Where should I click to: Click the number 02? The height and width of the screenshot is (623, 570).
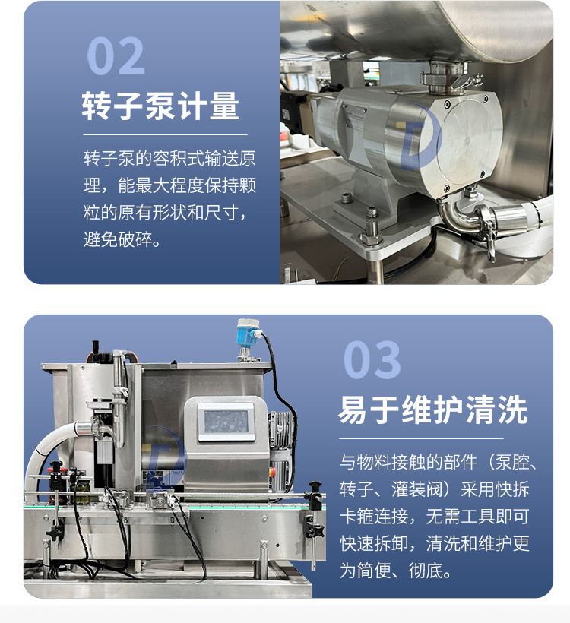(116, 55)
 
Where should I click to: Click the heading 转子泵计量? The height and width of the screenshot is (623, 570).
(160, 106)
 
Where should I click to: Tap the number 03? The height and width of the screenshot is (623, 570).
(372, 359)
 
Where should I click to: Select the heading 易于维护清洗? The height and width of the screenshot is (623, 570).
(433, 410)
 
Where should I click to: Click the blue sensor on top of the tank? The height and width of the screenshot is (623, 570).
(247, 333)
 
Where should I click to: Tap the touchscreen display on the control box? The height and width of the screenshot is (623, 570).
(226, 422)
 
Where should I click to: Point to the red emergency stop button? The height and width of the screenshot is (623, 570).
(273, 472)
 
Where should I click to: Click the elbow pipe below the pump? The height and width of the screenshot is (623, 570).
(457, 216)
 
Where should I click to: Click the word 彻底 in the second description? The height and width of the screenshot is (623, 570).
(426, 571)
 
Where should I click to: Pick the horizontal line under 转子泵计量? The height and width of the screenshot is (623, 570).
(165, 135)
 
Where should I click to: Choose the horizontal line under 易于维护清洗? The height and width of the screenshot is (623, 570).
(421, 438)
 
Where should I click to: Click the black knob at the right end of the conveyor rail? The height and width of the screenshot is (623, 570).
(315, 486)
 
